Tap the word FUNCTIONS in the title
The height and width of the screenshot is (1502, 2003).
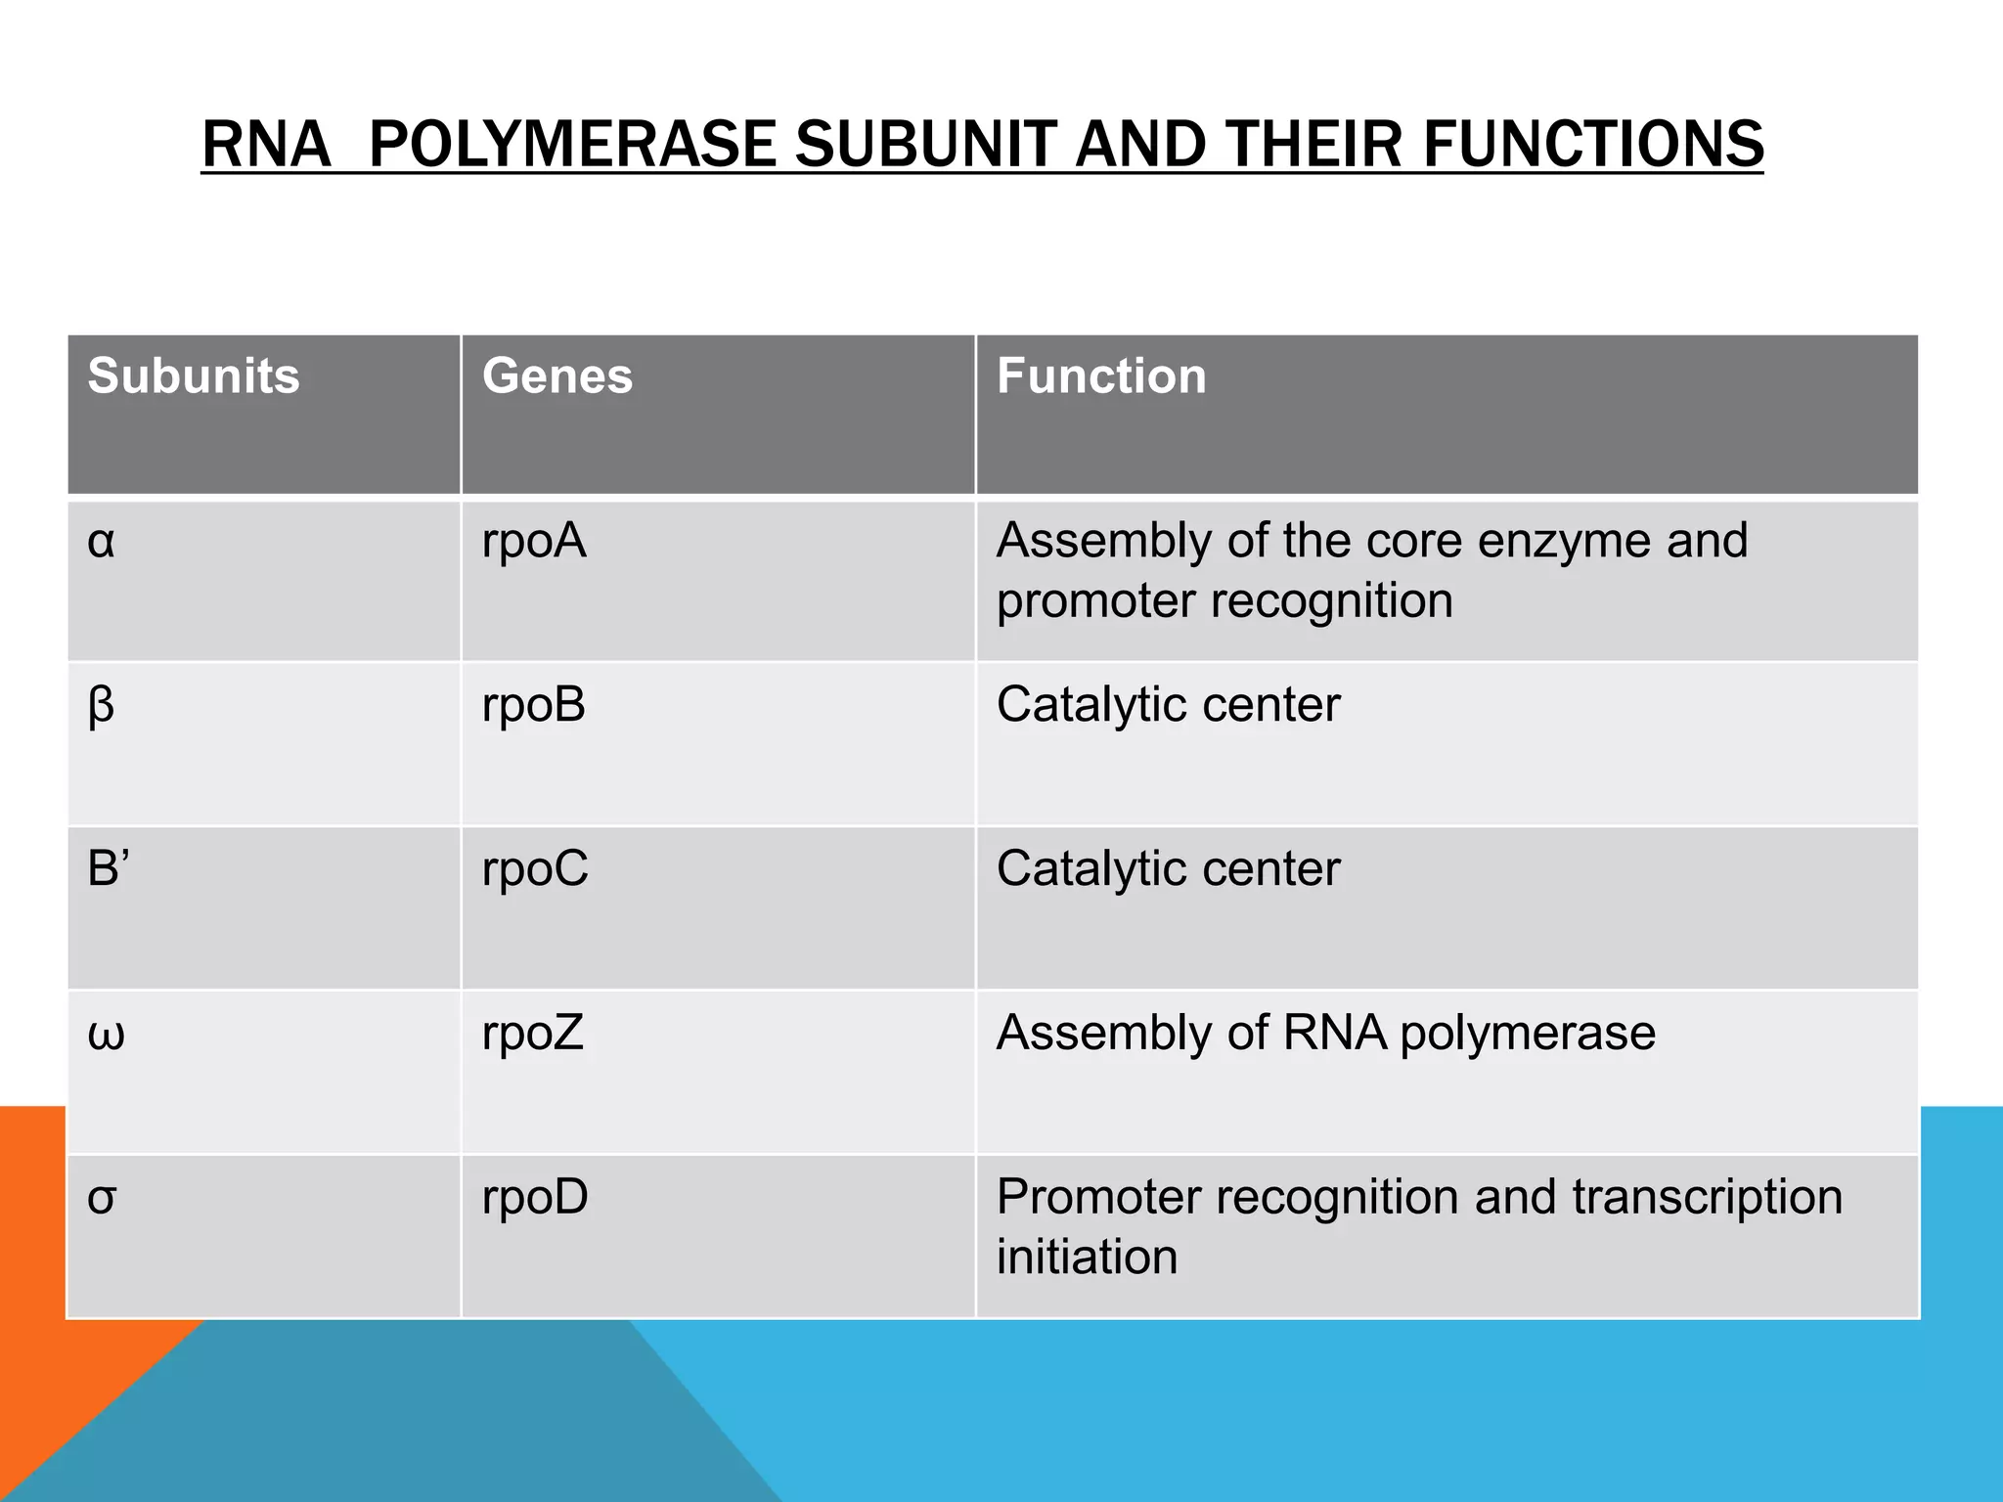pyautogui.click(x=1593, y=144)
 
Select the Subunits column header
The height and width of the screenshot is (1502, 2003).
pyautogui.click(x=194, y=375)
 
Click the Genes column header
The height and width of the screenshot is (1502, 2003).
pyautogui.click(x=557, y=375)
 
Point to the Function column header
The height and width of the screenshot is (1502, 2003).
pyautogui.click(x=1101, y=375)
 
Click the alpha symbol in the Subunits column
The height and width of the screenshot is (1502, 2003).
pyautogui.click(x=101, y=541)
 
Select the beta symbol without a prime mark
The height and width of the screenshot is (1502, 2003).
pyautogui.click(x=101, y=705)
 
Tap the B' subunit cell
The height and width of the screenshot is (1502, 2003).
pyautogui.click(x=109, y=868)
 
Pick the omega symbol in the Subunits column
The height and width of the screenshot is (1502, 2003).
pyautogui.click(x=106, y=1034)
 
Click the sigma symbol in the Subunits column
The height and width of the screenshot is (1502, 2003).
pyautogui.click(x=102, y=1198)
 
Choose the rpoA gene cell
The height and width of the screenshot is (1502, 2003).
pyautogui.click(x=534, y=541)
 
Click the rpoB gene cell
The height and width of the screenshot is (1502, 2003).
pyautogui.click(x=534, y=705)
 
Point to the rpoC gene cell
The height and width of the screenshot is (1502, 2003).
pyautogui.click(x=535, y=868)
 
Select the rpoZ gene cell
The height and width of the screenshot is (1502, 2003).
pyautogui.click(x=533, y=1034)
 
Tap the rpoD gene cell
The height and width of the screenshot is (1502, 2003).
pyautogui.click(x=535, y=1198)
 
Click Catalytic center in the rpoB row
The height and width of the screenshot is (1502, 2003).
pyautogui.click(x=1168, y=705)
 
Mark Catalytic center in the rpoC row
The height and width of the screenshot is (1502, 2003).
pyautogui.click(x=1168, y=868)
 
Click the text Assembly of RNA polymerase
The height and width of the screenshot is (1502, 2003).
pyautogui.click(x=1325, y=1033)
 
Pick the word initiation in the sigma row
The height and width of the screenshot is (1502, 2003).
pyautogui.click(x=1087, y=1257)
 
